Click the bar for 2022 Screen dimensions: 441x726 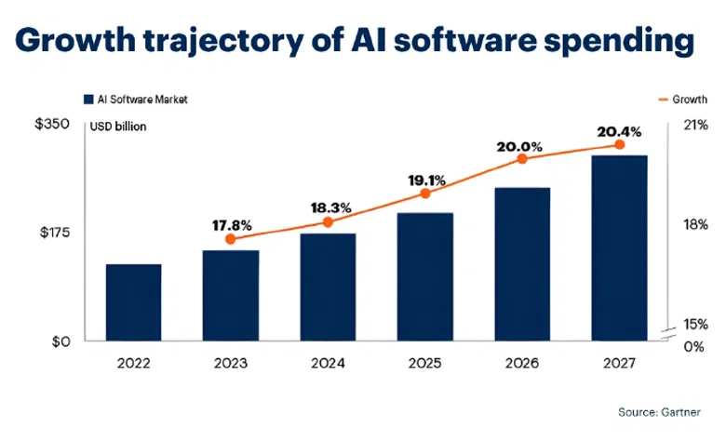pos(133,303)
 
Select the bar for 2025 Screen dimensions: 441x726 pos(424,277)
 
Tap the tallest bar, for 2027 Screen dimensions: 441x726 pos(619,248)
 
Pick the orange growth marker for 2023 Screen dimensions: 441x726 pos(231,239)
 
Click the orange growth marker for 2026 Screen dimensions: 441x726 pos(522,159)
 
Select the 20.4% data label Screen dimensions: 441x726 pos(618,129)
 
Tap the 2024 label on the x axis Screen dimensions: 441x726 pos(328,363)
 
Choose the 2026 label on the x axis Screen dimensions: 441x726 pos(521,363)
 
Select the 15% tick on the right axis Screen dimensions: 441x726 pos(695,325)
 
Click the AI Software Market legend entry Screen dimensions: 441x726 pos(135,99)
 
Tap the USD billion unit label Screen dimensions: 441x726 pos(119,127)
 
